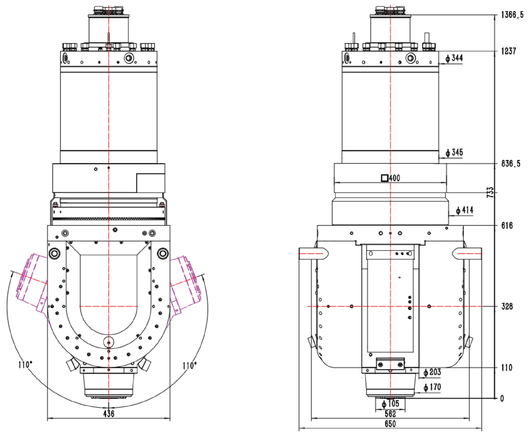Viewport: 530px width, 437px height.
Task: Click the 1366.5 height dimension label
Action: (x=512, y=15)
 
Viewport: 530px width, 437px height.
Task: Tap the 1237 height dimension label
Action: (x=509, y=51)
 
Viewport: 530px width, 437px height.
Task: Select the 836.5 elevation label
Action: (x=511, y=164)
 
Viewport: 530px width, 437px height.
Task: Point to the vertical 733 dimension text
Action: (x=490, y=192)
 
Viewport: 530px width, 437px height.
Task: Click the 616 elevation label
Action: (x=507, y=225)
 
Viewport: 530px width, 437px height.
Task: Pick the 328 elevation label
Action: (x=507, y=306)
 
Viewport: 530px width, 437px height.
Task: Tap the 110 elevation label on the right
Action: (x=507, y=368)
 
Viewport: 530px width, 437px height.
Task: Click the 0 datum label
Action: (x=502, y=398)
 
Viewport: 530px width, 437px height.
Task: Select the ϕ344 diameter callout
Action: (x=454, y=58)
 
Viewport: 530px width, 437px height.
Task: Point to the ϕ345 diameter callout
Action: (x=454, y=153)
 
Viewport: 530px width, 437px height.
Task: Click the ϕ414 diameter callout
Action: (x=464, y=210)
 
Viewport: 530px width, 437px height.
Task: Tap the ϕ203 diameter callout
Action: (x=432, y=372)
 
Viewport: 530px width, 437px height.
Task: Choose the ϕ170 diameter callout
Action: (x=432, y=387)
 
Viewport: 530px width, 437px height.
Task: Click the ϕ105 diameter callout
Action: (x=390, y=404)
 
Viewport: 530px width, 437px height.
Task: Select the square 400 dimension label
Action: (x=391, y=178)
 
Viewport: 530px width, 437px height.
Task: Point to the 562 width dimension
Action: (x=390, y=414)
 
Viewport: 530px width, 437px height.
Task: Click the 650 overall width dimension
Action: (x=390, y=424)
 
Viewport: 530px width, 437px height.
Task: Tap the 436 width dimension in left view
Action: (x=109, y=414)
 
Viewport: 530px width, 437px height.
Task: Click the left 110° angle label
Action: (x=25, y=365)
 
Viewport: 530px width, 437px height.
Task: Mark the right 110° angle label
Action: (x=190, y=365)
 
